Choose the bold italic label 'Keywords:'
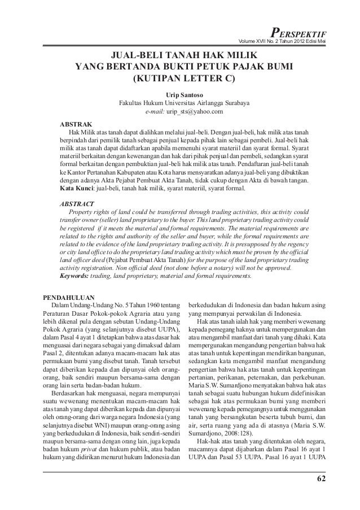point(76,277)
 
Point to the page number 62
point(321,480)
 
